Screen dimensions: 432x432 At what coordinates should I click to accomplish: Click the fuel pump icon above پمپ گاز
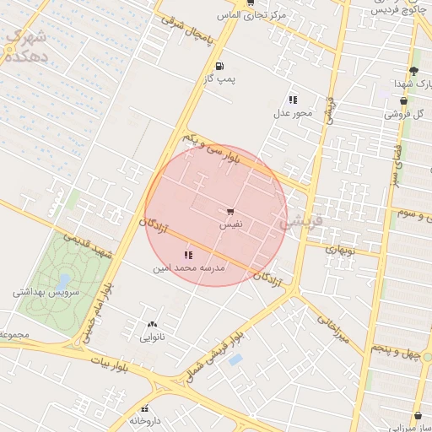point(220,66)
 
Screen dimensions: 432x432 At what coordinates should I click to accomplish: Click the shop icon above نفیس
point(231,212)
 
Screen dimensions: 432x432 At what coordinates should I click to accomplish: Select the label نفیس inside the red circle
point(231,224)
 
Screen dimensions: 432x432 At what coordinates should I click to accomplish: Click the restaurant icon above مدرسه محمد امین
point(187,254)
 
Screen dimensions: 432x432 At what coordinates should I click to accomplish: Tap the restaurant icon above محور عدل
point(293,100)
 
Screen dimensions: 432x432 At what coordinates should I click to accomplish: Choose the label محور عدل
point(293,112)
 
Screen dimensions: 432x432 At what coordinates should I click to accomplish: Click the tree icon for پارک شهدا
point(413,71)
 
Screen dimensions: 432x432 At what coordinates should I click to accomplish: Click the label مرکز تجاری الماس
point(251,15)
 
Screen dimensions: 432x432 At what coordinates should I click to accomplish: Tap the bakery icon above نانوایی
point(152,324)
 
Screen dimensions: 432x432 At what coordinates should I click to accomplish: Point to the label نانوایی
point(152,337)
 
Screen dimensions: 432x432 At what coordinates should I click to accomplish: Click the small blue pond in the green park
point(64,280)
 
